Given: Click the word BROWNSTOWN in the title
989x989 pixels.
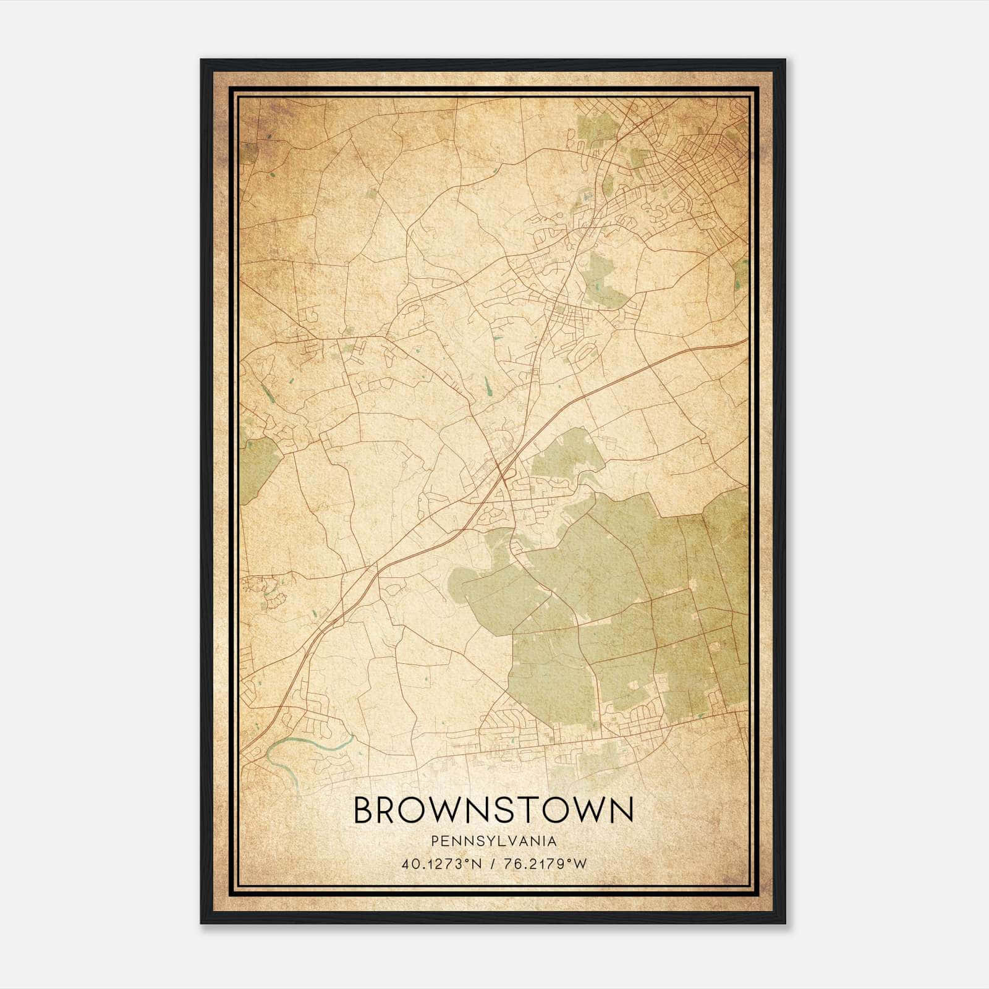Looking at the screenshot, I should click(x=493, y=810).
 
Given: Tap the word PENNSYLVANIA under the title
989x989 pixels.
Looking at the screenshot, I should click(x=493, y=841).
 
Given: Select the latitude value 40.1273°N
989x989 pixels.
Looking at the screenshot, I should click(x=439, y=864).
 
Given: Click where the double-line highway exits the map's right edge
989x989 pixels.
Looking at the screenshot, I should click(x=745, y=341).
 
